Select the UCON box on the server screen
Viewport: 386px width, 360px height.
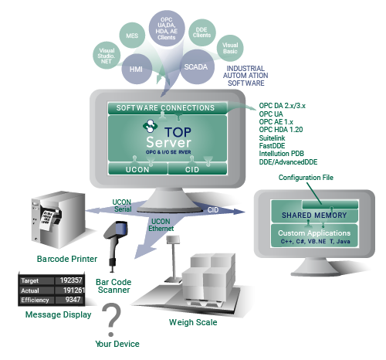pyautogui.click(x=137, y=168)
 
